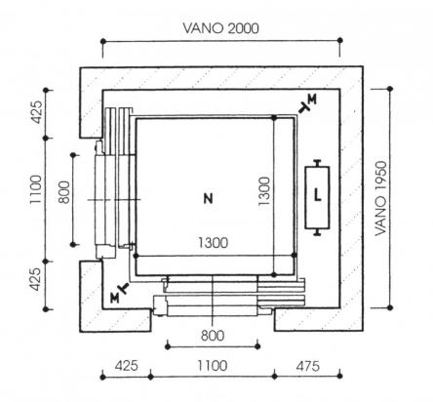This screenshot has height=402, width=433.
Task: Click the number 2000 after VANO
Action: (243, 28)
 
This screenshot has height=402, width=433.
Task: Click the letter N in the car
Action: (208, 198)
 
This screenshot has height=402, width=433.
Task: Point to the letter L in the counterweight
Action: (318, 195)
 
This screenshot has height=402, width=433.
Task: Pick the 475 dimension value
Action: (307, 366)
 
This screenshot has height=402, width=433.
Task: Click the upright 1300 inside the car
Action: (214, 243)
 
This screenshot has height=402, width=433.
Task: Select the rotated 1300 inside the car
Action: (264, 191)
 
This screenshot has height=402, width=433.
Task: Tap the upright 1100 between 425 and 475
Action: (213, 366)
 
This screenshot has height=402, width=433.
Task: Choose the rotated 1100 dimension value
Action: (36, 189)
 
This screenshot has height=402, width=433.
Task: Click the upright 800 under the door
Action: (213, 336)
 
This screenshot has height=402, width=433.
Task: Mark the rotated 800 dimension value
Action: (64, 192)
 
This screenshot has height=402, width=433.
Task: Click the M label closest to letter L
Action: (312, 100)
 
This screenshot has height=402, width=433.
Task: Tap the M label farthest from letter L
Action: (114, 298)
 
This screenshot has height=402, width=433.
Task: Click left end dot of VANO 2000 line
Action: (103, 41)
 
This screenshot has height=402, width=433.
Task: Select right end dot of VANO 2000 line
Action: (340, 40)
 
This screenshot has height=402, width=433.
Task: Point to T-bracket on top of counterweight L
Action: (317, 163)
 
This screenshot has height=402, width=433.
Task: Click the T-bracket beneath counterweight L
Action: (317, 231)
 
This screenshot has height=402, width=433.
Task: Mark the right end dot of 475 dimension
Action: (339, 376)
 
